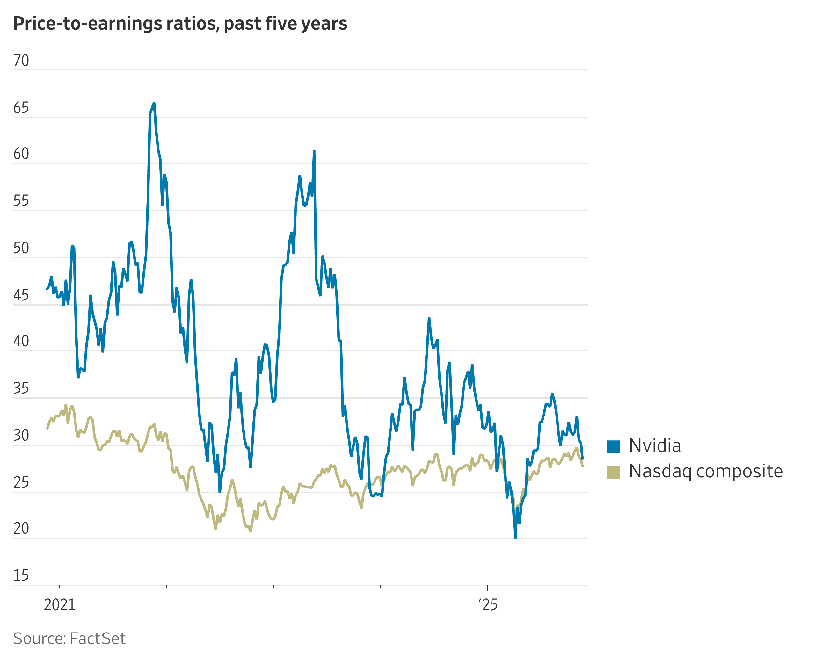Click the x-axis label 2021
(x=60, y=604)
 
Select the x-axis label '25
(x=488, y=604)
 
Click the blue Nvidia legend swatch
(x=613, y=446)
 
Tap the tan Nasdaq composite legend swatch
(x=613, y=472)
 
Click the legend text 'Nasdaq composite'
(x=706, y=472)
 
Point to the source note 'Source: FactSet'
(x=69, y=639)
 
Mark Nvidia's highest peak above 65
(x=154, y=103)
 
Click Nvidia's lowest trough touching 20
(x=515, y=537)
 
